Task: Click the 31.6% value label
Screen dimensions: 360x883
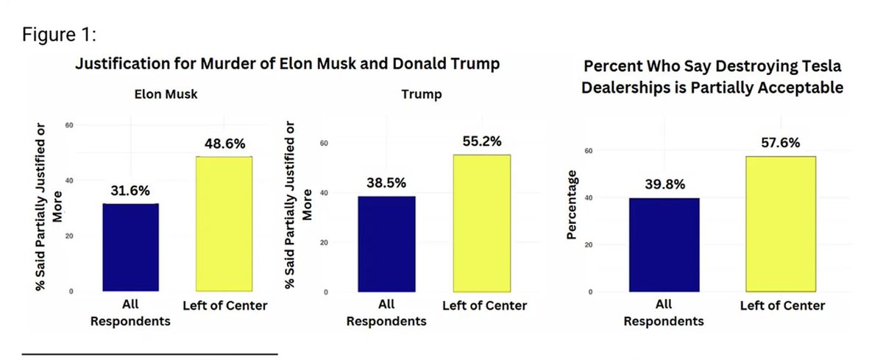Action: (x=131, y=190)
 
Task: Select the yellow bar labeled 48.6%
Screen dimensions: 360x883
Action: (x=224, y=224)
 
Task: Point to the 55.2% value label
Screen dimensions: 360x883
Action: (x=482, y=141)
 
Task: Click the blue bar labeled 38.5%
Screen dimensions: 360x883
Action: (x=386, y=244)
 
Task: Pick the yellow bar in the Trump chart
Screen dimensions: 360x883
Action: (x=482, y=223)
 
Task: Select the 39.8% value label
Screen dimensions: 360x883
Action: (x=663, y=184)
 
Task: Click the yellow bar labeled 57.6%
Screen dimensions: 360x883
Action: (x=780, y=224)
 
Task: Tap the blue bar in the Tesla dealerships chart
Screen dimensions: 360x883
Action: (x=663, y=244)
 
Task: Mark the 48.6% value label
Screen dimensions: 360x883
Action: (x=224, y=143)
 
